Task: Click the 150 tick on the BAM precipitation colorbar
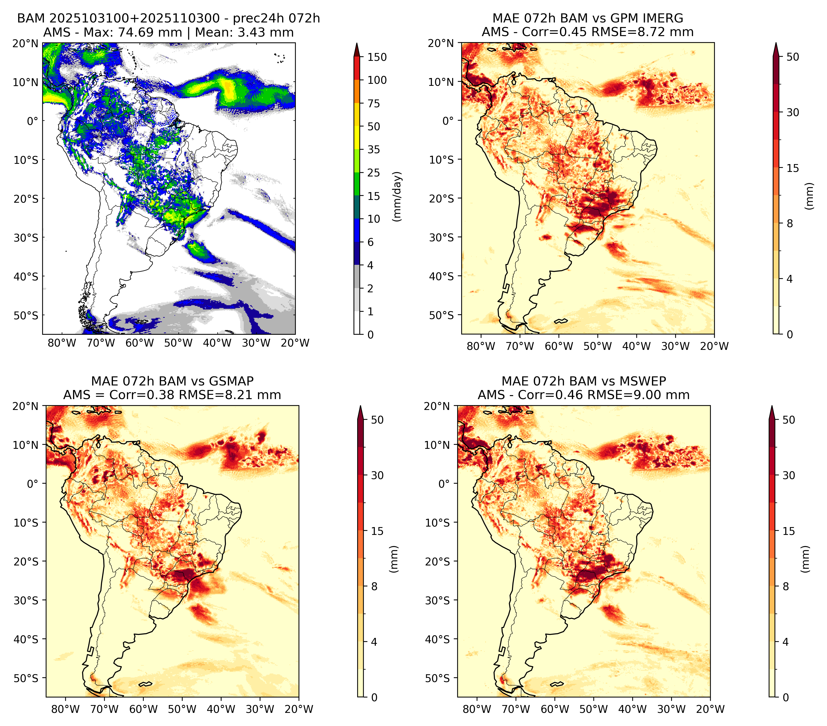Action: (x=377, y=57)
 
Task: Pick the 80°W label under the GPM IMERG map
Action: (x=481, y=346)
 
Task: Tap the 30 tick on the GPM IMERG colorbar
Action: (x=793, y=112)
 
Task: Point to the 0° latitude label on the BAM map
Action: (x=32, y=121)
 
